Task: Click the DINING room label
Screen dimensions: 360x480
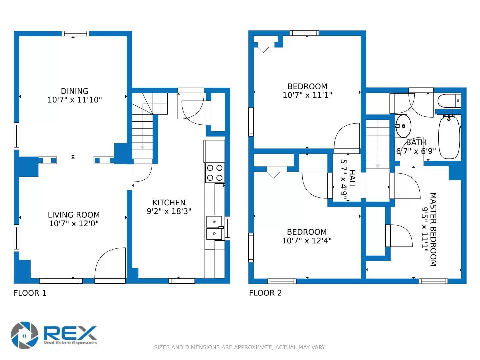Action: (75, 91)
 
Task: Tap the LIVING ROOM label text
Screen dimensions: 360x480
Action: (74, 215)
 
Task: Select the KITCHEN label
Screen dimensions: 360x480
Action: (169, 203)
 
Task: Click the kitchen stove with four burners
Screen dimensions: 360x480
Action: (215, 173)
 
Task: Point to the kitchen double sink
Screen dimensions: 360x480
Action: (215, 228)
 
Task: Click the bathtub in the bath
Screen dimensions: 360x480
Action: (449, 137)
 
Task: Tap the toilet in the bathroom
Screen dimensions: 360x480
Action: (449, 101)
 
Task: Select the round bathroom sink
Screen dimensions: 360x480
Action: (403, 126)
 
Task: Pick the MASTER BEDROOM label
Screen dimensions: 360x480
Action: (433, 229)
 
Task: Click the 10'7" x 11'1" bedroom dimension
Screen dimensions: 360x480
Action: (307, 95)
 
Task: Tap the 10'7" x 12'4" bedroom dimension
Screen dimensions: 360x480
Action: (307, 241)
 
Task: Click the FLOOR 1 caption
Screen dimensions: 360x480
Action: (30, 293)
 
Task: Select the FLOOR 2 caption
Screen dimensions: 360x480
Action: (265, 293)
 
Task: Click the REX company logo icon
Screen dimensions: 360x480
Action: (25, 335)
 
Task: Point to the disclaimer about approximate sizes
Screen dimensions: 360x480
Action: (240, 347)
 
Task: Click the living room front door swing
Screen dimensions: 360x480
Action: (110, 265)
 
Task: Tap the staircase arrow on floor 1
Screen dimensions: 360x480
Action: (142, 147)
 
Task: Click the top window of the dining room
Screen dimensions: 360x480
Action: (75, 34)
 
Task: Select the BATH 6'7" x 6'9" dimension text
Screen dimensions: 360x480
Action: (416, 151)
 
